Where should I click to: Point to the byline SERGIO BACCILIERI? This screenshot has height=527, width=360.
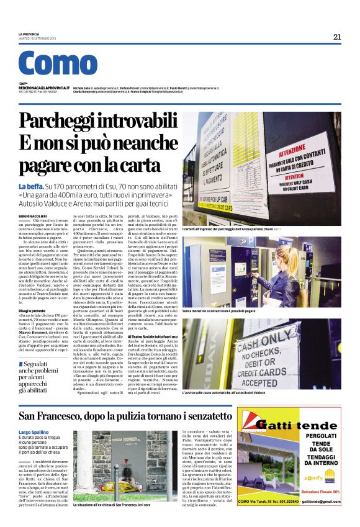(x=33, y=213)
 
